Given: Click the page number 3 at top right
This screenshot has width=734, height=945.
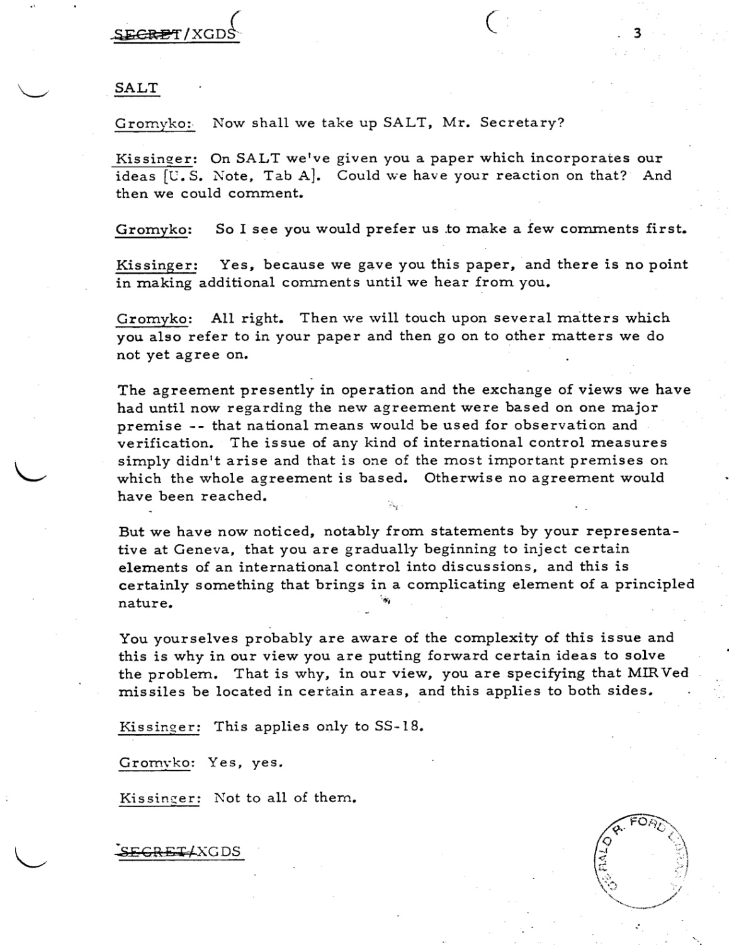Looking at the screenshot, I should pyautogui.click(x=637, y=33).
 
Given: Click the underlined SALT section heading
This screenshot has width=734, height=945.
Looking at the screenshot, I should pyautogui.click(x=136, y=88).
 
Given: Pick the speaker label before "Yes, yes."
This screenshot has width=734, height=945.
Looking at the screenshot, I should pyautogui.click(x=154, y=764).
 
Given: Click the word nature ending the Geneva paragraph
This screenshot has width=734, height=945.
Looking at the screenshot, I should pyautogui.click(x=145, y=603).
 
